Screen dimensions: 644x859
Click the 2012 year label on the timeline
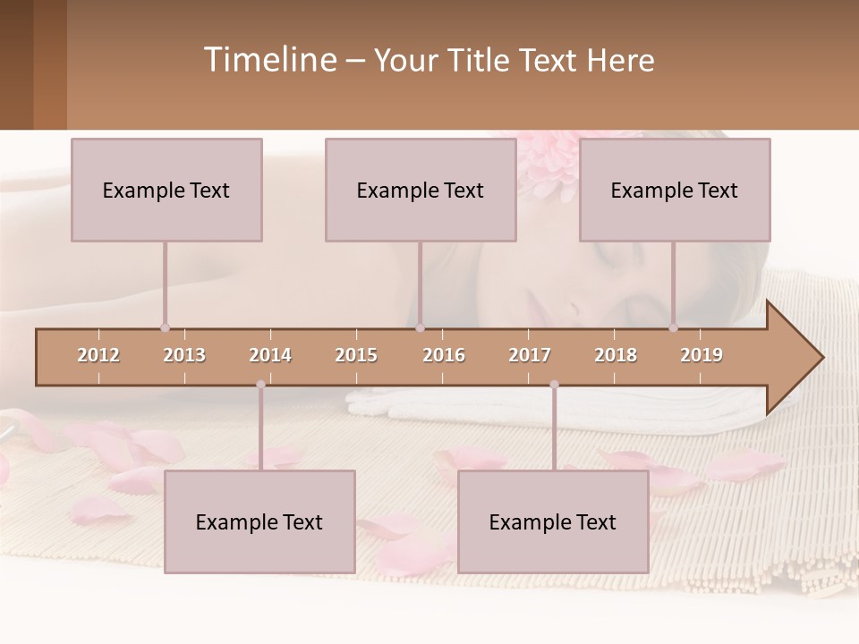pyautogui.click(x=98, y=355)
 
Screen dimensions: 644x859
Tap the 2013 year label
pyautogui.click(x=184, y=355)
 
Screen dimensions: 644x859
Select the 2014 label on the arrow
pyautogui.click(x=270, y=355)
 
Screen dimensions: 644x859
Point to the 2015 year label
pyautogui.click(x=356, y=355)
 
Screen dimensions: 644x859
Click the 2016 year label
pyautogui.click(x=444, y=355)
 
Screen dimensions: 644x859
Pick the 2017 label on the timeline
pyautogui.click(x=530, y=355)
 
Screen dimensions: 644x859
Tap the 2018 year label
pyautogui.click(x=616, y=355)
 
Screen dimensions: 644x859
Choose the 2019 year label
pyautogui.click(x=702, y=355)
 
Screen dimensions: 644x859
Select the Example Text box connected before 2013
pyautogui.click(x=166, y=190)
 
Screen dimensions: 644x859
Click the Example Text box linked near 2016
pyautogui.click(x=421, y=190)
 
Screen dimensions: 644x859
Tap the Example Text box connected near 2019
pyautogui.click(x=675, y=190)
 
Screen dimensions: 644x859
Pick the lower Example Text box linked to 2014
pyautogui.click(x=259, y=521)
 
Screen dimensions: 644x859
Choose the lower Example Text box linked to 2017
pyautogui.click(x=553, y=521)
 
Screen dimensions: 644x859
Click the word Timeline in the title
pyautogui.click(x=268, y=60)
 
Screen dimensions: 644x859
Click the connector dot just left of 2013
pyautogui.click(x=165, y=327)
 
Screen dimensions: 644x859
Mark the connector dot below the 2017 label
pyautogui.click(x=554, y=385)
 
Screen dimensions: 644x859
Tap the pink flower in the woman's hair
pyautogui.click(x=548, y=161)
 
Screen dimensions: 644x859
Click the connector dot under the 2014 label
pyautogui.click(x=260, y=385)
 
